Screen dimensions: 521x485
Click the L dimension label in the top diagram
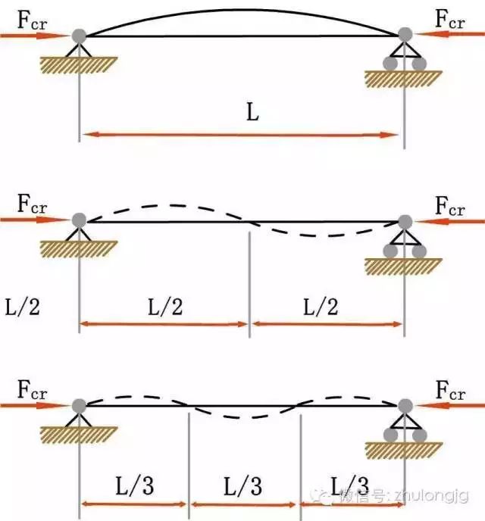point(252,114)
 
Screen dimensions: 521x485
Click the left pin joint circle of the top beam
point(78,35)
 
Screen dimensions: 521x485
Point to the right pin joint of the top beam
point(405,35)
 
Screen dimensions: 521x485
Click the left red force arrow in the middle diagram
point(34,220)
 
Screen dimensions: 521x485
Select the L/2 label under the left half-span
point(164,307)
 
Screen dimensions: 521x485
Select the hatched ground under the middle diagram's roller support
point(404,266)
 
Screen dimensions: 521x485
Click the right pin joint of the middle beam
point(405,221)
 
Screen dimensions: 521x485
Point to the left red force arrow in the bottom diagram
point(34,406)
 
